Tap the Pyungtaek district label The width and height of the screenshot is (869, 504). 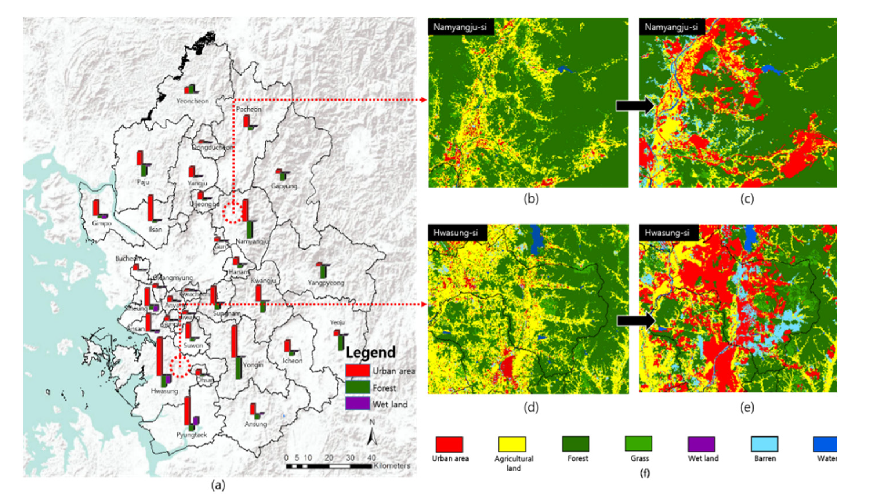[192, 435]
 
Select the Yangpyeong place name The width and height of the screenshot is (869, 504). [326, 283]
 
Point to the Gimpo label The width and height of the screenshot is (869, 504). [102, 223]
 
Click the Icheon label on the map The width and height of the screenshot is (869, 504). [293, 361]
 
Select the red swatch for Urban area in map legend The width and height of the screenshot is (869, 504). [358, 371]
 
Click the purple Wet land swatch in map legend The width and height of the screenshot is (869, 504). [358, 403]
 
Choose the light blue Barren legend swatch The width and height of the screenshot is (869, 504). [764, 444]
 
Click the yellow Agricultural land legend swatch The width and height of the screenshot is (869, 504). [512, 444]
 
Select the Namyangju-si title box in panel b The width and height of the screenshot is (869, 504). [460, 27]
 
